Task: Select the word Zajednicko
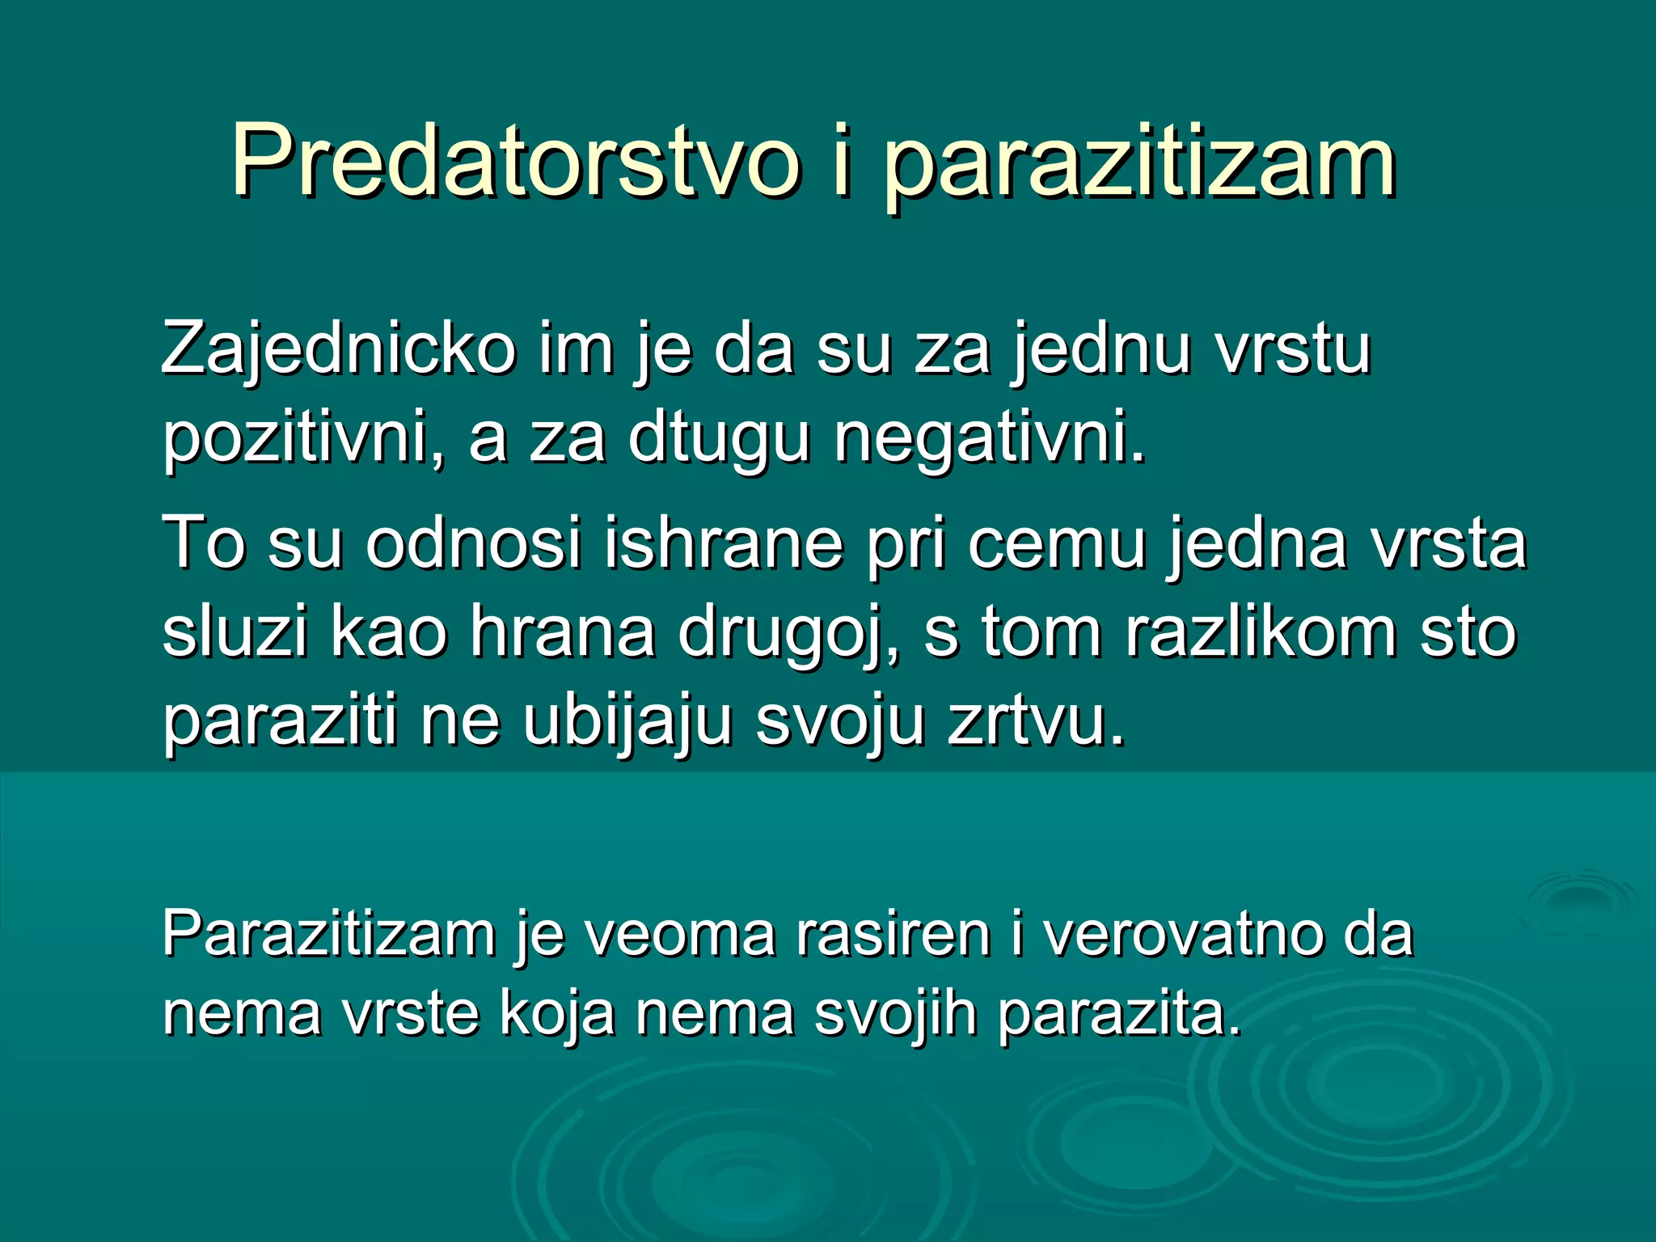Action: tap(338, 349)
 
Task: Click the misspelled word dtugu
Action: tap(719, 439)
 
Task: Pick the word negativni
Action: tap(990, 439)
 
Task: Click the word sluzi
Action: tap(235, 632)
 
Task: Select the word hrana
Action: tap(562, 632)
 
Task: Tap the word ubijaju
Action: tap(627, 720)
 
